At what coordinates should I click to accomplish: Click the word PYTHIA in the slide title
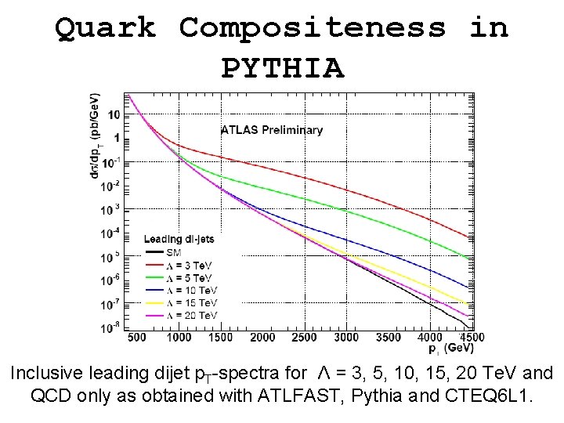(x=282, y=68)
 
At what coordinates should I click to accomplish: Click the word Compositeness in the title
(x=313, y=27)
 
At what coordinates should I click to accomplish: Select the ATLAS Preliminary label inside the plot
(x=272, y=130)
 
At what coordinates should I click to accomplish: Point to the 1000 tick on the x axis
(x=179, y=338)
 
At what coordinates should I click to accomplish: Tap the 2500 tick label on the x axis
(x=305, y=338)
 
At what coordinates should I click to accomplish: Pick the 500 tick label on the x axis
(x=136, y=338)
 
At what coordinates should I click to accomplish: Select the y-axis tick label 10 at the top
(x=114, y=115)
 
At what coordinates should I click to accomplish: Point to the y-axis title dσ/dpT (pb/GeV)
(x=96, y=140)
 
